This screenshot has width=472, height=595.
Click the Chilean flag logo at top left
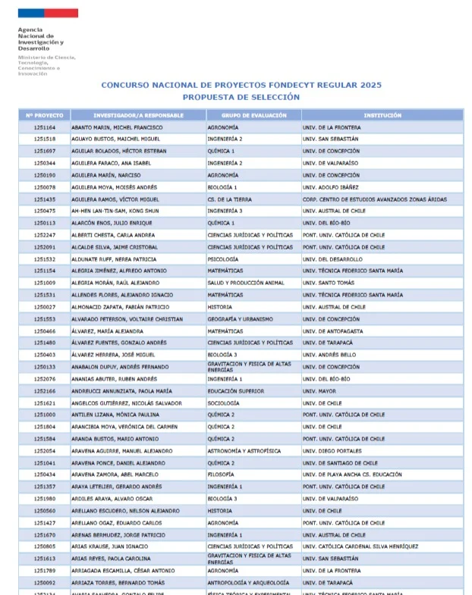[47, 14]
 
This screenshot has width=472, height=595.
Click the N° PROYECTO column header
[44, 115]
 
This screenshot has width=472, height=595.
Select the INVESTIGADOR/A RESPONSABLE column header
[138, 115]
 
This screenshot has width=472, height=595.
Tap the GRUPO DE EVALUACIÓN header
[253, 115]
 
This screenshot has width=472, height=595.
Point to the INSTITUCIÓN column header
[382, 115]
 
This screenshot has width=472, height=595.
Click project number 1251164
[44, 127]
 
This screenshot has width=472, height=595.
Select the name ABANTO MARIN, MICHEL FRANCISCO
[117, 127]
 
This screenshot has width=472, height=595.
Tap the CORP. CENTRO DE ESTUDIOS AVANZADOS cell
[374, 199]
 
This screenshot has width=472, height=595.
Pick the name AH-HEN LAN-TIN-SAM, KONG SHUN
[116, 211]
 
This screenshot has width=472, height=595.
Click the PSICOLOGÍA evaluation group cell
[223, 259]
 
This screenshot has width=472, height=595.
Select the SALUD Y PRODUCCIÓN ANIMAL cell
[246, 283]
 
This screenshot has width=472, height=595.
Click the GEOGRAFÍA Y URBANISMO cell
[240, 319]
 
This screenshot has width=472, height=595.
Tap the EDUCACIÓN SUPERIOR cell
[235, 391]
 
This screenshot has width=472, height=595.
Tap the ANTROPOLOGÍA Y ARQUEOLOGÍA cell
[250, 582]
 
